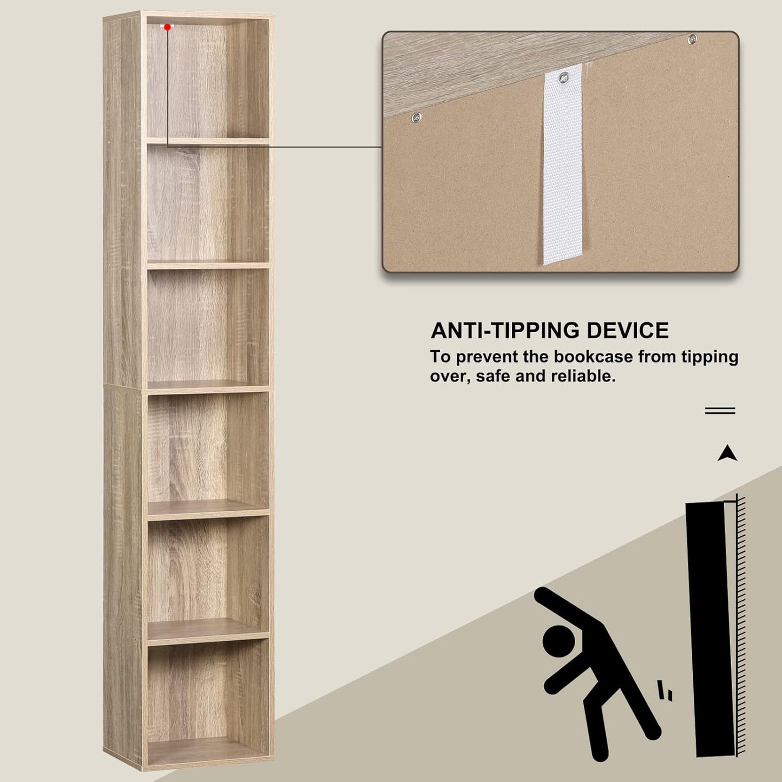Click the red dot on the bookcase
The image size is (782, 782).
[168, 27]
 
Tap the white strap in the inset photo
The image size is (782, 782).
[562, 179]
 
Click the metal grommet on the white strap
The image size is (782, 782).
[563, 77]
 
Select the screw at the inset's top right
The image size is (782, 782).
[692, 39]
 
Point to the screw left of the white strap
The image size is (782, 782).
[416, 117]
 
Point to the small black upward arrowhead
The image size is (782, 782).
[727, 454]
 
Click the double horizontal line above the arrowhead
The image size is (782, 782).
[720, 411]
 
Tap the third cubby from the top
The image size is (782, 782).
[207, 325]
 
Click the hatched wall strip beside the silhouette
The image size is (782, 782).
[741, 622]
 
